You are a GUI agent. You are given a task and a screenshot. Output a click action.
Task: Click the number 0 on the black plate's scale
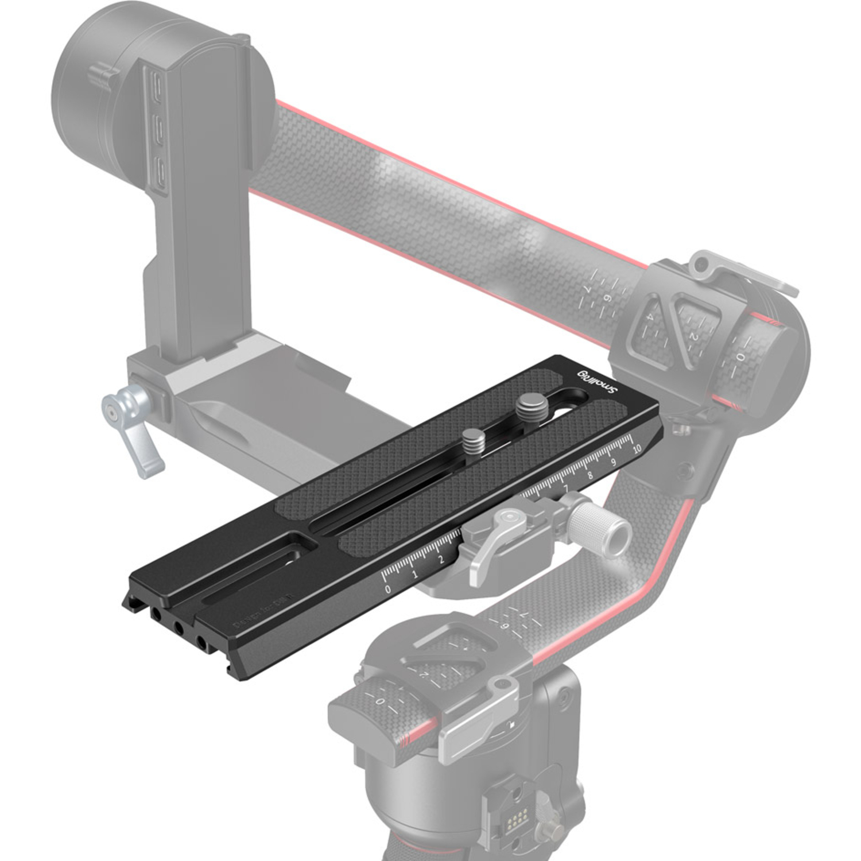(x=388, y=589)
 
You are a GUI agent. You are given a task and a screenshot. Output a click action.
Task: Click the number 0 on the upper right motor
(x=740, y=357)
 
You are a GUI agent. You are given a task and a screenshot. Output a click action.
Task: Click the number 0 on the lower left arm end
(x=379, y=702)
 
